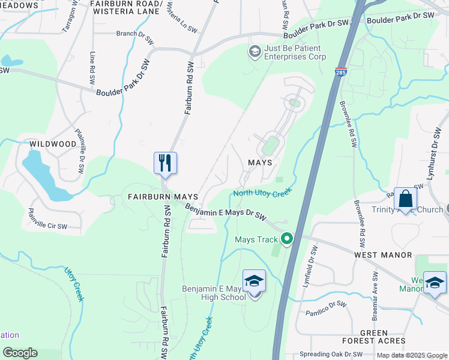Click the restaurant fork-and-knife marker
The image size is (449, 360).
tap(165, 163)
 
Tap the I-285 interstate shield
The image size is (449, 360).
tap(341, 71)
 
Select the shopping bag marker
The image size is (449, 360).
tap(405, 199)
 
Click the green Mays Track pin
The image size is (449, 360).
tap(287, 239)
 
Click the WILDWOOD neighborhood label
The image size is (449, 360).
tap(53, 144)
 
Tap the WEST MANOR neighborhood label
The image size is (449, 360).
tap(383, 255)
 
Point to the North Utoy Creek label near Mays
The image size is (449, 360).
tap(262, 193)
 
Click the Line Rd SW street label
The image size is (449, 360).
tap(92, 65)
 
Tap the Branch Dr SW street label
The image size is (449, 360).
tap(136, 34)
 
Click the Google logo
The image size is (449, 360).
tap(20, 353)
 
